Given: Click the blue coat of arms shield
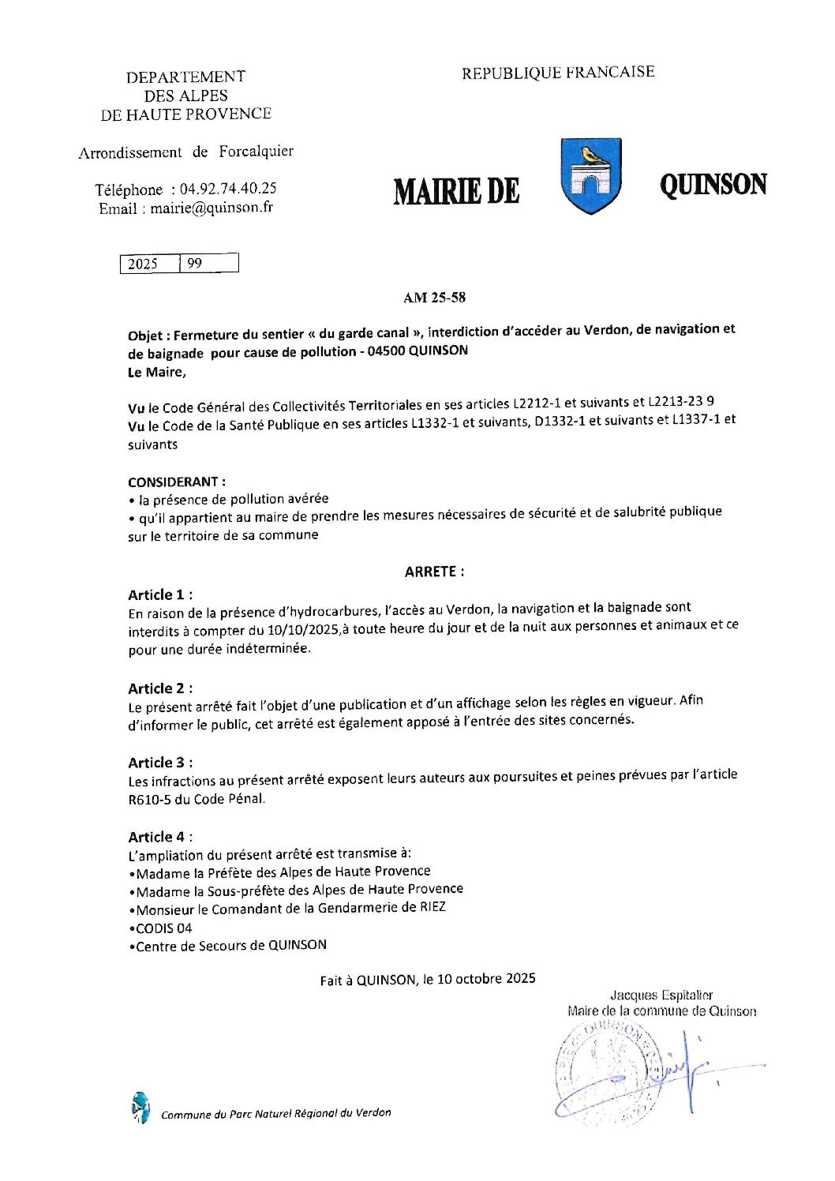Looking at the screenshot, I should [x=590, y=176].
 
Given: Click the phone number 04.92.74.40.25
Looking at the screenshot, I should [x=228, y=189].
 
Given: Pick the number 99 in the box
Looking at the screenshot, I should [x=194, y=264].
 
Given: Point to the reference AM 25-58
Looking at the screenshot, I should [x=434, y=298].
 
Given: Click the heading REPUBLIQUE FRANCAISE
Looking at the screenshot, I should [x=558, y=73].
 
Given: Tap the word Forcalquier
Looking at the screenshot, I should [x=256, y=151].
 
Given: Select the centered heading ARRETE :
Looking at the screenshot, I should [x=434, y=572].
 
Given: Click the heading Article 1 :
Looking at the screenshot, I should [x=160, y=594].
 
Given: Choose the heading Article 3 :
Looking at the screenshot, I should [x=160, y=763].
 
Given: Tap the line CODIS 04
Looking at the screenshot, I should [x=163, y=928].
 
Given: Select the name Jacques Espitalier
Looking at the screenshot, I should [x=661, y=995].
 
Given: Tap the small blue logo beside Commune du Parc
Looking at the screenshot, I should [x=140, y=1108].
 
